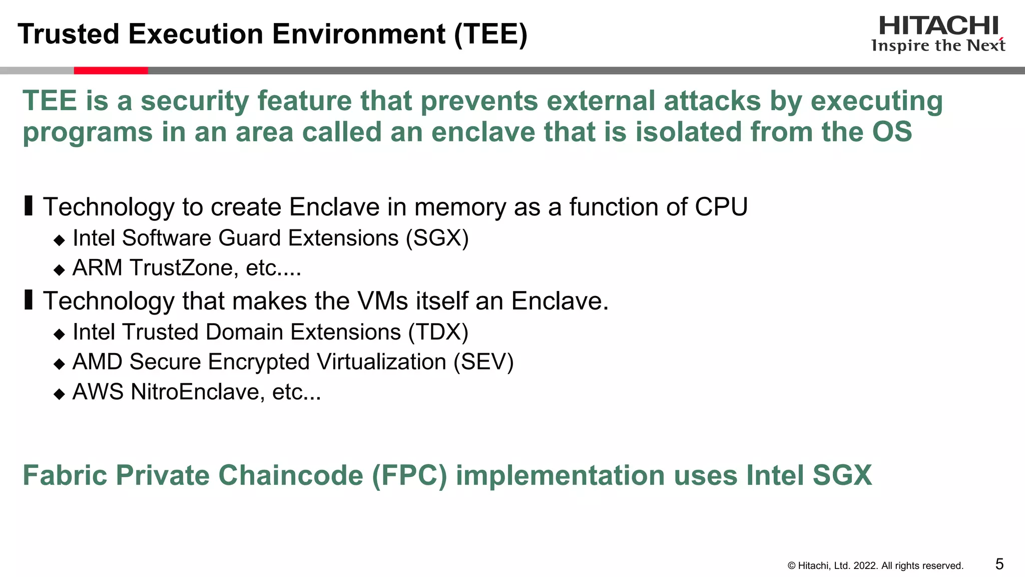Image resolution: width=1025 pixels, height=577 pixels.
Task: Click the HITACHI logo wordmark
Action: [938, 26]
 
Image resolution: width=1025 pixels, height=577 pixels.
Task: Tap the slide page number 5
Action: [999, 564]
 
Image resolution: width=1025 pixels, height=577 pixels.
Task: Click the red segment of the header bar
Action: [111, 71]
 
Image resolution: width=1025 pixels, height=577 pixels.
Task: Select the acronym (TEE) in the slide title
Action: [490, 34]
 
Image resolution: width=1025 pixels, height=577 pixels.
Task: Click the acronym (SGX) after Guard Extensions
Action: [437, 238]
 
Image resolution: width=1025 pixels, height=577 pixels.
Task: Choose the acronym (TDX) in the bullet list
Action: [438, 332]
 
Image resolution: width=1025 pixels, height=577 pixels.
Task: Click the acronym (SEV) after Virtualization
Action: [483, 362]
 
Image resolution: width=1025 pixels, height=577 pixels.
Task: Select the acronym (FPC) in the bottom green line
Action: [409, 475]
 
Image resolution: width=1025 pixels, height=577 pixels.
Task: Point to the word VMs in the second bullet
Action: [382, 301]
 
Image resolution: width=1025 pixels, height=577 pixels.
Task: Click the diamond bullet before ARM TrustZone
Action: [60, 270]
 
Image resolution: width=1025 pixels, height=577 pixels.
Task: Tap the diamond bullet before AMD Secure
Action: [60, 364]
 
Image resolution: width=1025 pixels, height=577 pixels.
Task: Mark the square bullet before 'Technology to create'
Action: [29, 206]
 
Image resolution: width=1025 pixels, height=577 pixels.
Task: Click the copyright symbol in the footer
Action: [791, 566]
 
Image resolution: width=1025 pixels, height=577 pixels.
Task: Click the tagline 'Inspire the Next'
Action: [938, 46]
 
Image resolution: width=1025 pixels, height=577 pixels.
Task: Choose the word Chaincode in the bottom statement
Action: [290, 475]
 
